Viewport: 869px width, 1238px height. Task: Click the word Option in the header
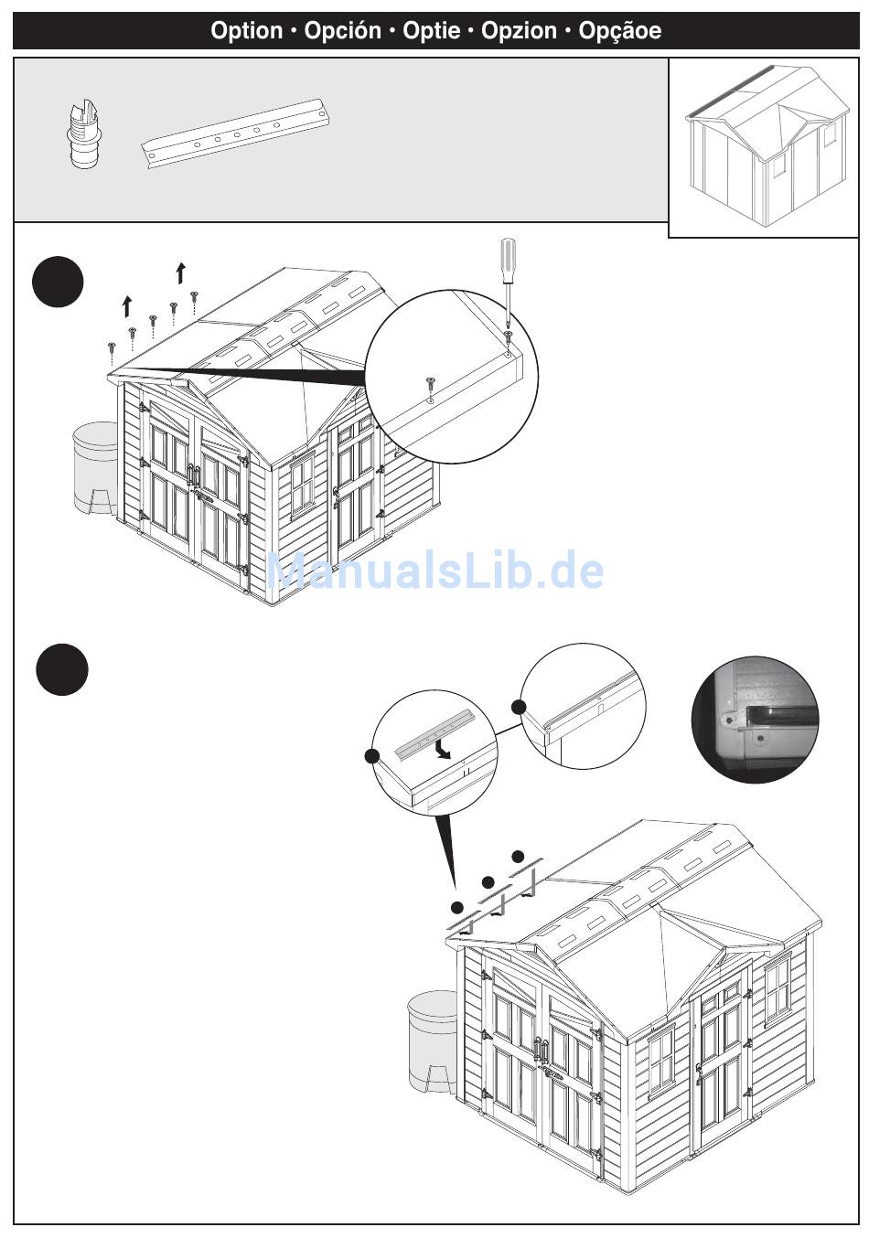click(x=246, y=31)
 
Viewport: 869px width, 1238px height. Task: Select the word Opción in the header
click(x=342, y=31)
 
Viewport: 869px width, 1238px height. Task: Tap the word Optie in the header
click(x=431, y=31)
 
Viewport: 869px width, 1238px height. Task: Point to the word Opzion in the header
click(x=519, y=31)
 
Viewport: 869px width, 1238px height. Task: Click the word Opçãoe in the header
click(x=619, y=31)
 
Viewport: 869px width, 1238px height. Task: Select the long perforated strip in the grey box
click(x=236, y=133)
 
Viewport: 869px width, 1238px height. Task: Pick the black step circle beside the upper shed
click(x=58, y=283)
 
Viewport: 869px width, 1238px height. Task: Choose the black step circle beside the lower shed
click(x=62, y=670)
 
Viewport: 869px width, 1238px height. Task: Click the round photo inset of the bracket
click(x=756, y=719)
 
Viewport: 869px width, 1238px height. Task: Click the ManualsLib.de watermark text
click(x=435, y=572)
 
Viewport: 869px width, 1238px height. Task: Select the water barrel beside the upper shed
click(x=94, y=469)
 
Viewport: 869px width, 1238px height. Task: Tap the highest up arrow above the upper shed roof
click(x=181, y=273)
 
